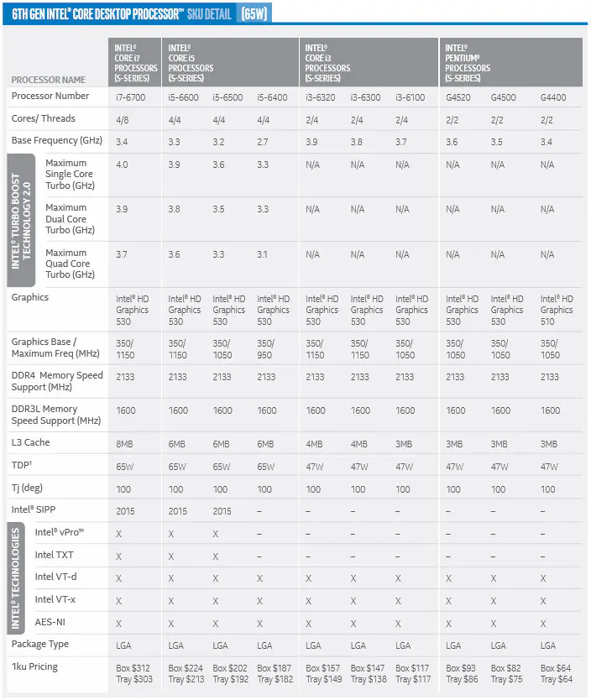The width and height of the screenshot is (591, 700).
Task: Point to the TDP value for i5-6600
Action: [178, 466]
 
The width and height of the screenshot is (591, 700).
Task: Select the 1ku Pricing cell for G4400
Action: [557, 672]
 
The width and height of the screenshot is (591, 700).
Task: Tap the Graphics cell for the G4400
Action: [557, 310]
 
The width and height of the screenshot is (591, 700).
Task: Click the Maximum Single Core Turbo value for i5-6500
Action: [219, 165]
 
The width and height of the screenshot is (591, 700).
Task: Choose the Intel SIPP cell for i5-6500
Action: [222, 510]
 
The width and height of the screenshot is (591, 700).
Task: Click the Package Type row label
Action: [40, 644]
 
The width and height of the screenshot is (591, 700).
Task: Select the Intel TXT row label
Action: [55, 555]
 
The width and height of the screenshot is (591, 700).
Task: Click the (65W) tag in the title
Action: [254, 14]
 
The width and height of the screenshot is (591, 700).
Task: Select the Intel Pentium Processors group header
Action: [468, 63]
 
